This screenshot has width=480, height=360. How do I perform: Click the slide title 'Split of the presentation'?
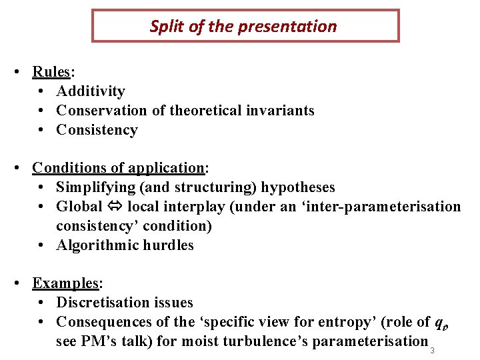[x=243, y=27]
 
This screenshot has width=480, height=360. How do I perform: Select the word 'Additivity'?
[x=91, y=91]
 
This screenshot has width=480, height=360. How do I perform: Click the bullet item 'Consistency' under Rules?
[x=97, y=130]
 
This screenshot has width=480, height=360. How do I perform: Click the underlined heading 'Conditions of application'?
[x=117, y=168]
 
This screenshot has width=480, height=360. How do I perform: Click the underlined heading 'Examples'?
[x=65, y=283]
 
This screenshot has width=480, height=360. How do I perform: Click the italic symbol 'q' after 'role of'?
[x=439, y=323]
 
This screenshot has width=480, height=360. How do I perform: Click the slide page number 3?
[x=432, y=351]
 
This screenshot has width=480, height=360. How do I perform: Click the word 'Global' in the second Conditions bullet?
[x=79, y=207]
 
